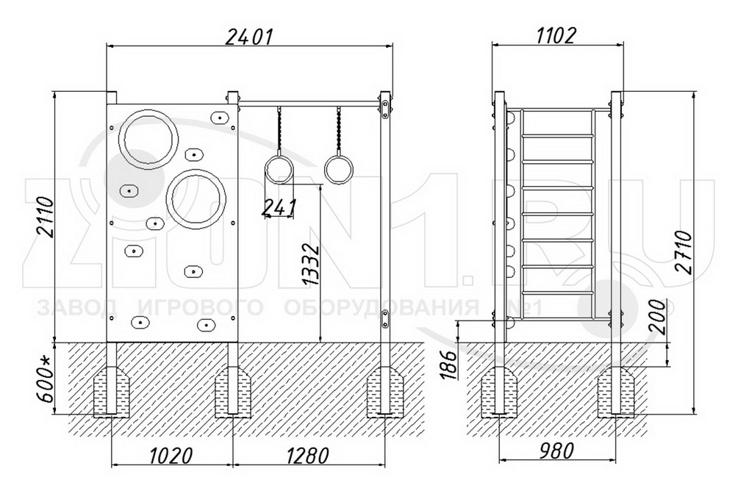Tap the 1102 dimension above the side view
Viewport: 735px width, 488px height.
point(556,35)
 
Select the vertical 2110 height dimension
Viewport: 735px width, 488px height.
point(46,218)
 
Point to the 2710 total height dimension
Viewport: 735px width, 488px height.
point(684,252)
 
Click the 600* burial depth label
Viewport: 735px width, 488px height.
point(46,378)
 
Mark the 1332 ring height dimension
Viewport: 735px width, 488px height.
point(311,264)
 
